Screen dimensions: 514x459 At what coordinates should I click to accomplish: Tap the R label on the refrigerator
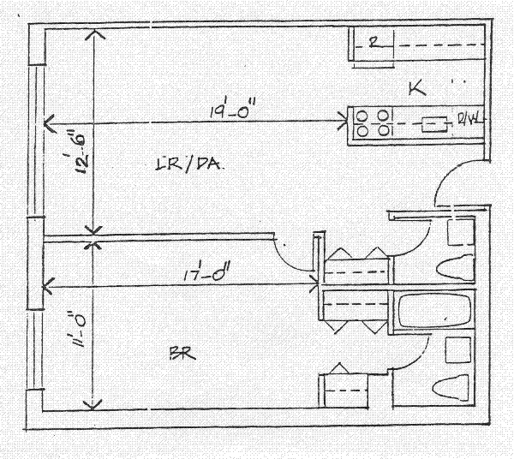373,42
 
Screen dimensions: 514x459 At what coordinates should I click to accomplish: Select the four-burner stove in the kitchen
370,122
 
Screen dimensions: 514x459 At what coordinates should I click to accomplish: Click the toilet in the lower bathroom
453,389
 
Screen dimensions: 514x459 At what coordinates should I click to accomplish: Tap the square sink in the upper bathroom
461,229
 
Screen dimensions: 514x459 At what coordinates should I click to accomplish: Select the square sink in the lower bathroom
459,349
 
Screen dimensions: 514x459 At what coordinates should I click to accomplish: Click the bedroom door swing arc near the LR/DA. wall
290,257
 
